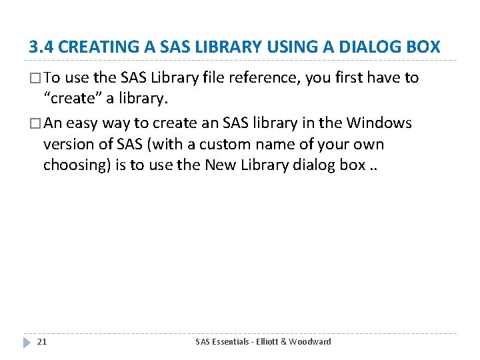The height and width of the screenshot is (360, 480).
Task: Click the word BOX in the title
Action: pos(423,47)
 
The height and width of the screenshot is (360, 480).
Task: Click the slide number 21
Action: pos(41,342)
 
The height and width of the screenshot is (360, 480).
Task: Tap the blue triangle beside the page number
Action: pos(27,342)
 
